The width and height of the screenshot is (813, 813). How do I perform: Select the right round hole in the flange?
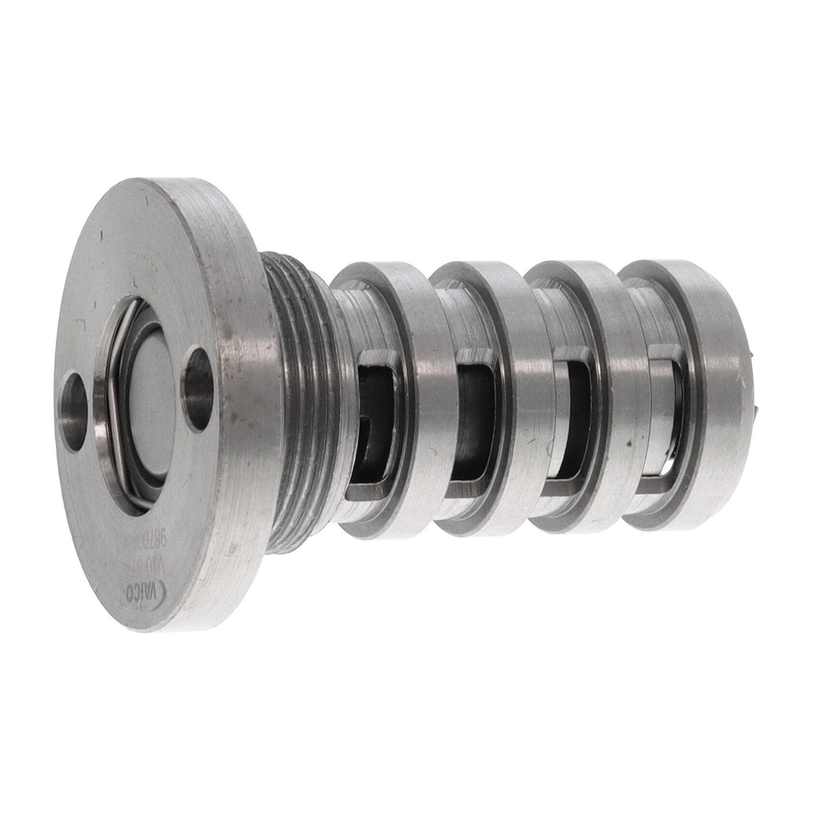[200, 375]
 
